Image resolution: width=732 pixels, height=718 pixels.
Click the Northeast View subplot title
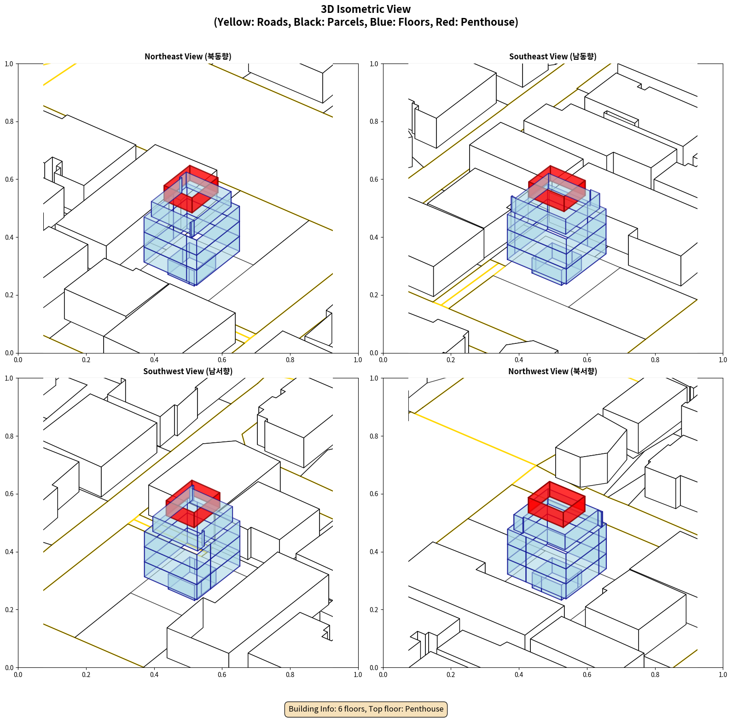coord(188,57)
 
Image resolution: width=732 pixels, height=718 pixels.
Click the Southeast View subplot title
coord(552,57)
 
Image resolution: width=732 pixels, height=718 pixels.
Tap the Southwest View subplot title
coord(188,371)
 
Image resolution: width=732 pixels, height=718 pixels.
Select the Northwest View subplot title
coord(552,371)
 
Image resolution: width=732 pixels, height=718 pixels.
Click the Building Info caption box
coord(366,709)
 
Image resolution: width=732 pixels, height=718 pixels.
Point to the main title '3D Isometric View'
coord(366,9)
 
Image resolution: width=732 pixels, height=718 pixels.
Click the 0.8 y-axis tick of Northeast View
coord(10,122)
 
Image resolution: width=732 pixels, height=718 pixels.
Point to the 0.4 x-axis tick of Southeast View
coord(519,360)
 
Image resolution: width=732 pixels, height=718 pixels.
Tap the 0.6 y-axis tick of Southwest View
coord(10,494)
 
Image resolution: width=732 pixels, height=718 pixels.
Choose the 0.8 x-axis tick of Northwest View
coord(655,675)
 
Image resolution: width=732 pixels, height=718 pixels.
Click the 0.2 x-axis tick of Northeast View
coord(86,360)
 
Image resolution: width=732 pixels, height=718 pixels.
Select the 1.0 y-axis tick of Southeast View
coord(374,64)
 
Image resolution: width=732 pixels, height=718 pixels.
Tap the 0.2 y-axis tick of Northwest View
coord(374,610)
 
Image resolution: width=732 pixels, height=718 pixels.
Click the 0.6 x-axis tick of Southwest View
coord(222,675)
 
